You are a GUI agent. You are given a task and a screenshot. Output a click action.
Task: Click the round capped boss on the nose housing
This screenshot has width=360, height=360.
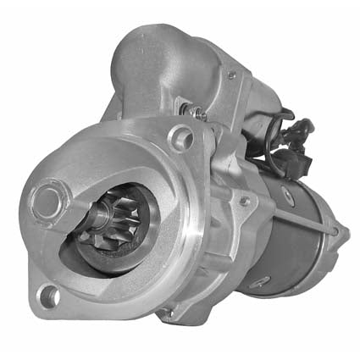click(x=47, y=202)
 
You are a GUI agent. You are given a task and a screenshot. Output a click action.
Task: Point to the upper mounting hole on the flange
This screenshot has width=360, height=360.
click(x=180, y=138)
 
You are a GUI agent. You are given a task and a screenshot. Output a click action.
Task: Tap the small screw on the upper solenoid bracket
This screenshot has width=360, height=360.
click(x=231, y=75)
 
